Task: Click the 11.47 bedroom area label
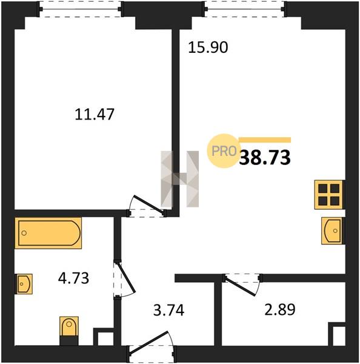(95, 114)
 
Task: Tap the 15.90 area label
(208, 47)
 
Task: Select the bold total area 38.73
(265, 157)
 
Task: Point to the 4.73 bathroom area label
(73, 278)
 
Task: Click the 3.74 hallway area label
(169, 310)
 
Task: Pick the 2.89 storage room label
(280, 309)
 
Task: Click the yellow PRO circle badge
(224, 151)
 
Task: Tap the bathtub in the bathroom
(48, 233)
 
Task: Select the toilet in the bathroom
(69, 331)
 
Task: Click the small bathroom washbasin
(24, 284)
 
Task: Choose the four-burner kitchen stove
(328, 195)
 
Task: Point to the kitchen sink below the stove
(332, 231)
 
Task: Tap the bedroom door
(147, 206)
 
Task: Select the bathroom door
(124, 280)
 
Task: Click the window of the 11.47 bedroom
(81, 9)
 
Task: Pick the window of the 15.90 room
(245, 9)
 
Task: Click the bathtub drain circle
(24, 233)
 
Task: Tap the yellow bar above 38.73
(265, 140)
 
